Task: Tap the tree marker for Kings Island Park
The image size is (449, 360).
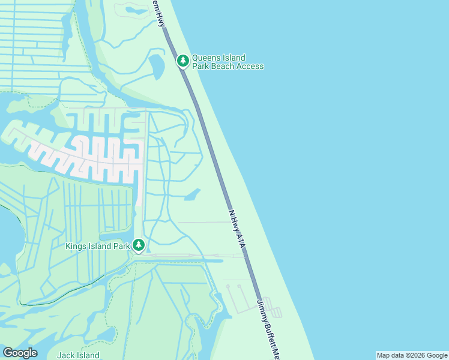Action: (x=139, y=245)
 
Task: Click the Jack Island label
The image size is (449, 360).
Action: (x=78, y=355)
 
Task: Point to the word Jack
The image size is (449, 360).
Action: (x=65, y=355)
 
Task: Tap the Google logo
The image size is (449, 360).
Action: (x=20, y=353)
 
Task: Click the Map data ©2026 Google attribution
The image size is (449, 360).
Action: (x=412, y=355)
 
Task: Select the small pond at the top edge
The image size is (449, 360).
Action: (x=134, y=9)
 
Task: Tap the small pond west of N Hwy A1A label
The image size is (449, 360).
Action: (x=192, y=194)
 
